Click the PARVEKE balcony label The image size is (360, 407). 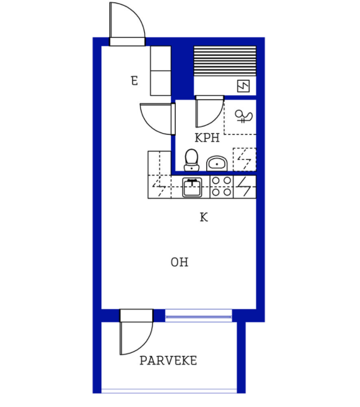coord(168,360)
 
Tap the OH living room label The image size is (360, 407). coord(179,262)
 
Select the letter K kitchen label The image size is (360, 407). coord(204,217)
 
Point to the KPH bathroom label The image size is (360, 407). coord(207,138)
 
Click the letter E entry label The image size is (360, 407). coord(134,81)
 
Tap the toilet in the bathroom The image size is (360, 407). coord(191,160)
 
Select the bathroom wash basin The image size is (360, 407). coord(217,163)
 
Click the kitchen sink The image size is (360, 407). coord(192,187)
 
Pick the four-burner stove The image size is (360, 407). coord(222,186)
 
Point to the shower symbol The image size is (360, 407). coord(243,117)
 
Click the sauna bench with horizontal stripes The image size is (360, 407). coord(225,61)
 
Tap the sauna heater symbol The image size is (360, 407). coord(243,86)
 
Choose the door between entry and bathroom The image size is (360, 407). coord(157,119)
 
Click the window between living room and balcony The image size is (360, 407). coord(198,315)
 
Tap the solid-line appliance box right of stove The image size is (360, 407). coord(245,186)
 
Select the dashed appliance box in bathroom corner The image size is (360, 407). coord(244,160)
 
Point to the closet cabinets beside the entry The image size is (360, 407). coord(161,71)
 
